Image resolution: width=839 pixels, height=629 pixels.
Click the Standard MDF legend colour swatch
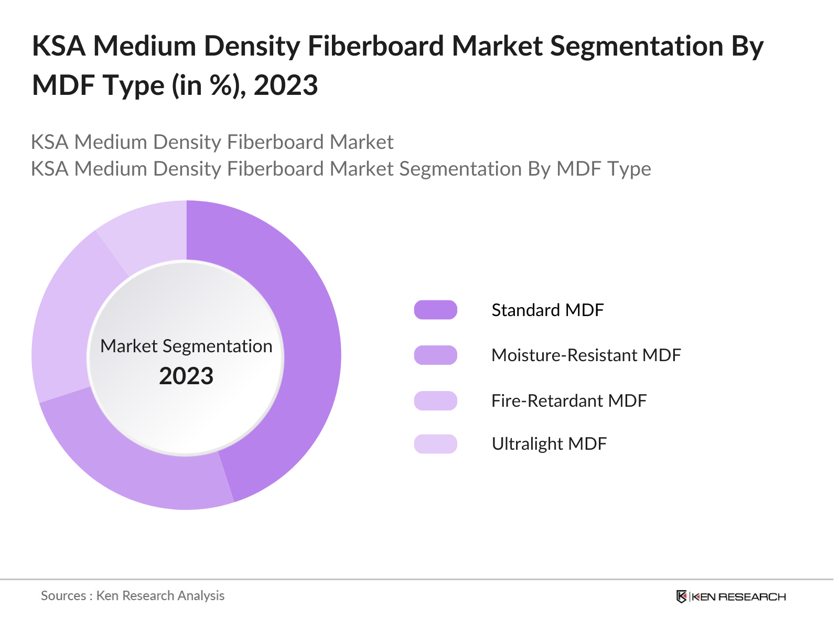point(435,310)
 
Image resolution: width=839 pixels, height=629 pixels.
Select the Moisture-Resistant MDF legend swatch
point(435,355)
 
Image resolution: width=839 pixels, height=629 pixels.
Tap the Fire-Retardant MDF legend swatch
point(435,400)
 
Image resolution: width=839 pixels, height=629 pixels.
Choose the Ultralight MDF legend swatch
point(435,444)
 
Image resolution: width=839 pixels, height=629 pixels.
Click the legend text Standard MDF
point(547,310)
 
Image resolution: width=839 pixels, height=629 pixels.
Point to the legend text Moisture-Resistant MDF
point(586,355)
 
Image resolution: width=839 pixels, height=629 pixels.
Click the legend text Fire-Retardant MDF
point(568,400)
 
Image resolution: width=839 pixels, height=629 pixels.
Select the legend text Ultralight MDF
point(548,444)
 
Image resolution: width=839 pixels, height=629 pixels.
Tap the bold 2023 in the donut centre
point(186,376)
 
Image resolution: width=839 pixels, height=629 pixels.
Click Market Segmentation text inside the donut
point(186,346)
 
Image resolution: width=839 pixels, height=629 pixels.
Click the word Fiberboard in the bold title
point(375,46)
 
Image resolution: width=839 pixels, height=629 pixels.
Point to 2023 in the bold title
point(286,85)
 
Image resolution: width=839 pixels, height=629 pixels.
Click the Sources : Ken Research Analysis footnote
point(133,595)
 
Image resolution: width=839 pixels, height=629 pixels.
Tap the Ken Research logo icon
point(681,597)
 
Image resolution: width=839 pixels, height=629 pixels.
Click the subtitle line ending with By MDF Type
point(341,169)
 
